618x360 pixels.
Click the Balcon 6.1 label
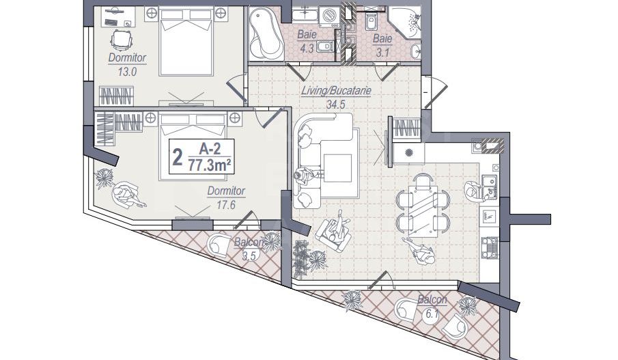coord(432,305)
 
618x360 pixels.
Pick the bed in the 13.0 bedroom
coord(186,44)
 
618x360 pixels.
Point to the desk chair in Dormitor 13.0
coord(121,40)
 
